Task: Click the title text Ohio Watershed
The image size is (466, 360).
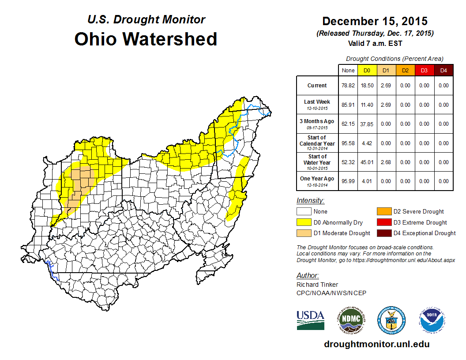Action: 146,39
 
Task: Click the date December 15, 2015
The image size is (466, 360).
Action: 375,21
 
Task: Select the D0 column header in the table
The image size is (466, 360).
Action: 367,70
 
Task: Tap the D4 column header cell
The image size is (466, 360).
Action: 443,70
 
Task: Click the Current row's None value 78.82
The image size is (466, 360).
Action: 348,86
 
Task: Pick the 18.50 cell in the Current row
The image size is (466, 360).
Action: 367,86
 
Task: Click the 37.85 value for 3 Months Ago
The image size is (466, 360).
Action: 367,124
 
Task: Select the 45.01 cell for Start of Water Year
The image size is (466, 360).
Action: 367,162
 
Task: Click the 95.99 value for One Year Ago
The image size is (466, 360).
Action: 348,181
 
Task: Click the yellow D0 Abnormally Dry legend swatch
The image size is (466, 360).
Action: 304,222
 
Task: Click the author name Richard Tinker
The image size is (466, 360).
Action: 317,285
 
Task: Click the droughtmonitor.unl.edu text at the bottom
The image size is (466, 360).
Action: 376,344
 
